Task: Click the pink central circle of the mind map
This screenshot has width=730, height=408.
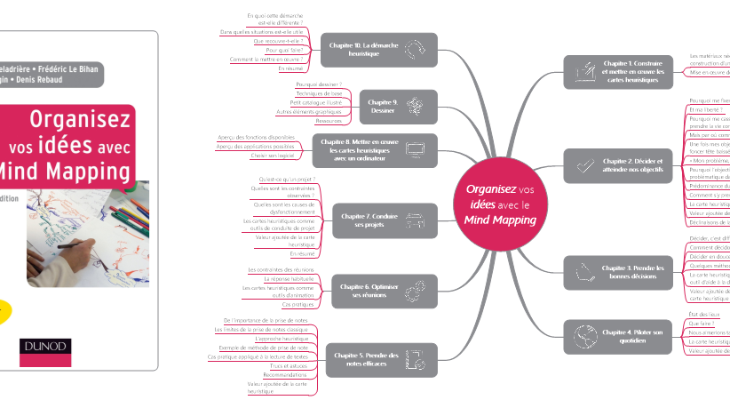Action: [x=501, y=204]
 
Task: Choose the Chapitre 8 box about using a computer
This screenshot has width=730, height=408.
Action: [x=374, y=151]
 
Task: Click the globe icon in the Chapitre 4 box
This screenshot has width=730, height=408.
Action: [x=583, y=336]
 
